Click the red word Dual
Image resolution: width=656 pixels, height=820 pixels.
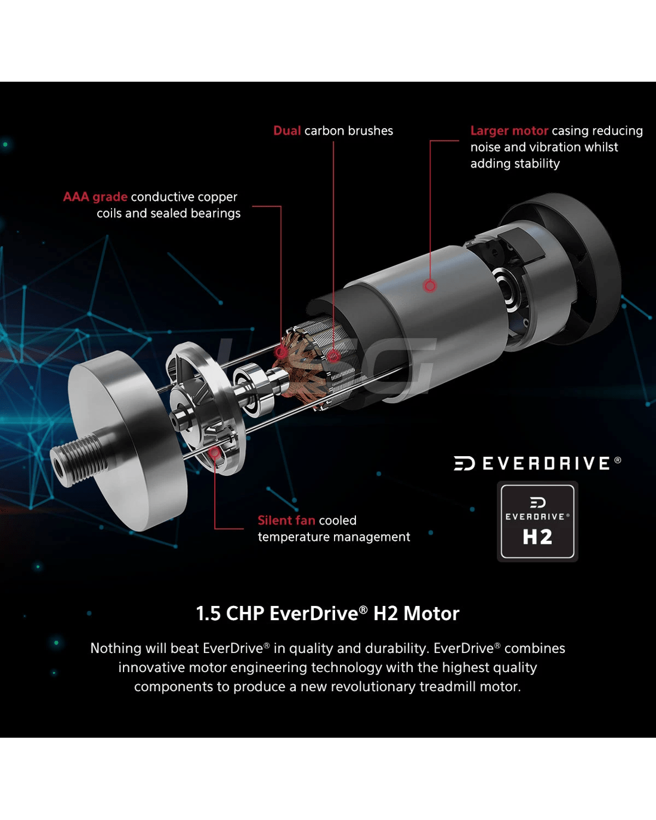(x=287, y=131)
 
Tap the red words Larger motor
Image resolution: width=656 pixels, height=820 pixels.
(x=509, y=131)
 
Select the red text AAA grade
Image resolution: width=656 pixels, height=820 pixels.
(x=95, y=197)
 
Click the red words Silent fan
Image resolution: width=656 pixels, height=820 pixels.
(x=286, y=520)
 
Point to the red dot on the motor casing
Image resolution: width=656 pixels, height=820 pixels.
(x=430, y=286)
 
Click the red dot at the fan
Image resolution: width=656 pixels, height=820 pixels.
(x=215, y=452)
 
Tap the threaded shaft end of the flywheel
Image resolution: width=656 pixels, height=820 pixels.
(x=76, y=460)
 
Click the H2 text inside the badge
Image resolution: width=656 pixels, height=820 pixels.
(x=537, y=537)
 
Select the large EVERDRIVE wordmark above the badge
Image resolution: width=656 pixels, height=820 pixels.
(x=537, y=463)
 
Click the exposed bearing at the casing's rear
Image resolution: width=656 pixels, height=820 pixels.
(x=506, y=290)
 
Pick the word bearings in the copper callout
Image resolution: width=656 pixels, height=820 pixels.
(x=215, y=213)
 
